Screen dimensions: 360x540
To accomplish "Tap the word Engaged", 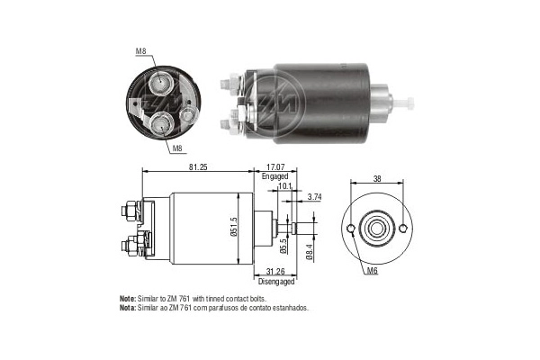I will [x=274, y=176].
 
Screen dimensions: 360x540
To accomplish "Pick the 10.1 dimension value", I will [x=285, y=187].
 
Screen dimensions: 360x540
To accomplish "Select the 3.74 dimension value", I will [x=314, y=196].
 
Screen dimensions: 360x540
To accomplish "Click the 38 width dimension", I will [x=377, y=179].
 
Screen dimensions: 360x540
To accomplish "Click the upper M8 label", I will [x=140, y=51].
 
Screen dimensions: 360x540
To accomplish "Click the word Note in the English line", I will [x=128, y=298].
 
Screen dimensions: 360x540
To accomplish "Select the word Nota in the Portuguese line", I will [x=128, y=307].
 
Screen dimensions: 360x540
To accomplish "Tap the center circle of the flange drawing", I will [x=377, y=229].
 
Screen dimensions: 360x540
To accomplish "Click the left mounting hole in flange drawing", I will [x=349, y=229].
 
